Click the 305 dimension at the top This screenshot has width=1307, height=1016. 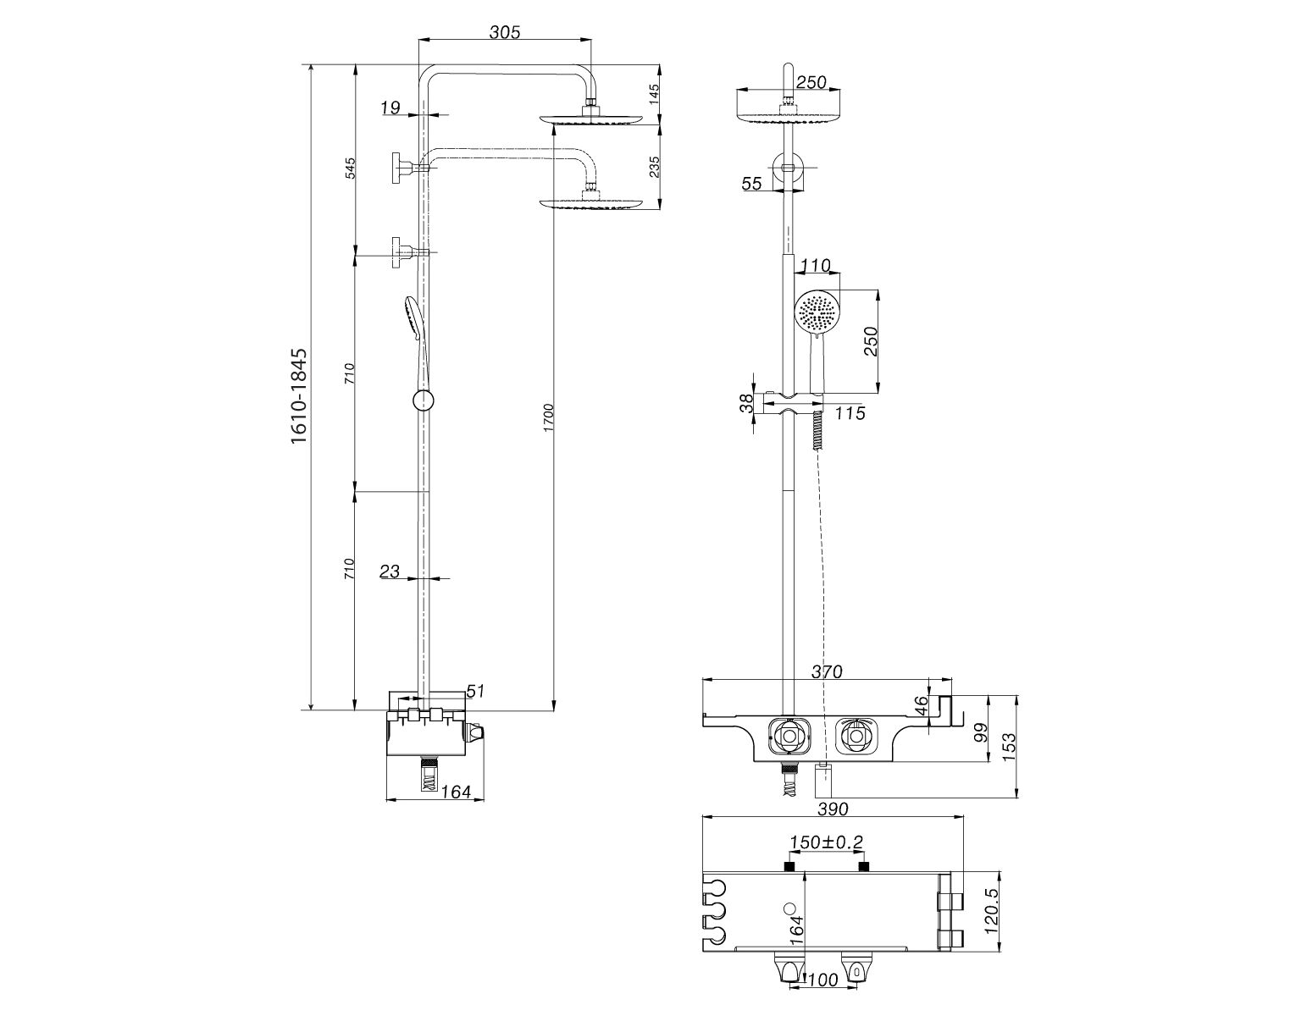point(504,32)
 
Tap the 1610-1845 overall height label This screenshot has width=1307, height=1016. point(299,396)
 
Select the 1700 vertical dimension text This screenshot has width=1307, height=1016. point(548,417)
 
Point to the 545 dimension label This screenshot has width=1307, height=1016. point(351,168)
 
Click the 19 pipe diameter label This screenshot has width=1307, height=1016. point(390,108)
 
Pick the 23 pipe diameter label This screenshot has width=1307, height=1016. point(389,571)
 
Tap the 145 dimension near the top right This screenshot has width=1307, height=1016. point(655,95)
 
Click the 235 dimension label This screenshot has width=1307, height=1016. point(655,167)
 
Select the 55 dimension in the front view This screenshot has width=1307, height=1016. point(751,184)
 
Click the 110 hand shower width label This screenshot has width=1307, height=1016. point(816,264)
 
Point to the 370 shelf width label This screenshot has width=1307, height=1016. point(827,671)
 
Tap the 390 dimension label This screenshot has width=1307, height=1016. point(833,809)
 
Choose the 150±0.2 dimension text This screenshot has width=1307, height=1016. point(827,842)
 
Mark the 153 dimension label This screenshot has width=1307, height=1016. point(1010,748)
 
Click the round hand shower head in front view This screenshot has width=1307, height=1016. point(816,312)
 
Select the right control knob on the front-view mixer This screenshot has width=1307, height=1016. point(854,735)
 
